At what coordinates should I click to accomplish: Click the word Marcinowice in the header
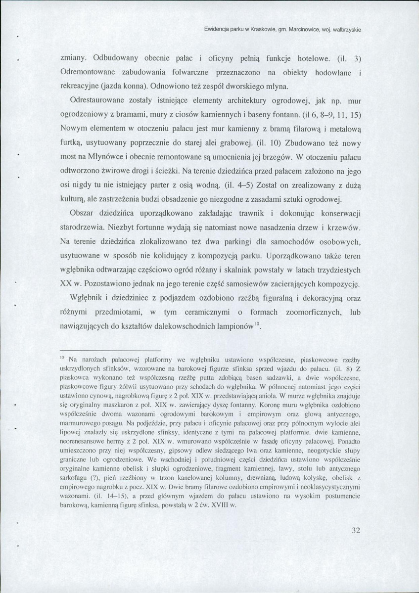(303, 30)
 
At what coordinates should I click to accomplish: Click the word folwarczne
(188, 72)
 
